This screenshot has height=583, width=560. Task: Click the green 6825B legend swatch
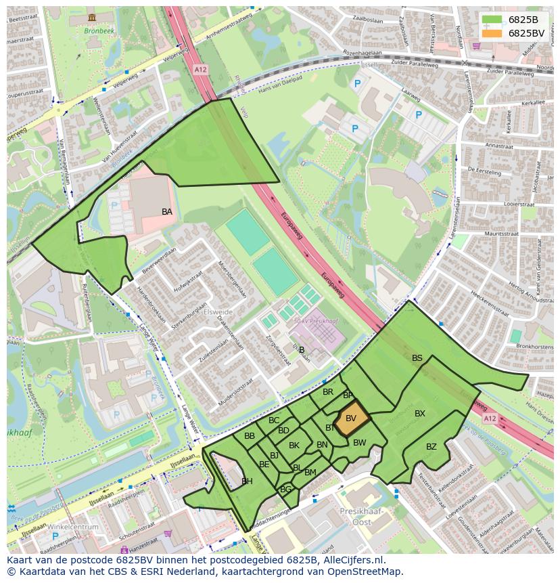pyautogui.click(x=492, y=20)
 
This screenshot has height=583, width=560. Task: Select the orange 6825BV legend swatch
pyautogui.click(x=492, y=33)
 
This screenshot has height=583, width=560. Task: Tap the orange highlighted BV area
pyautogui.click(x=352, y=418)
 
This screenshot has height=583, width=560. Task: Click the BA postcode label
pyautogui.click(x=167, y=212)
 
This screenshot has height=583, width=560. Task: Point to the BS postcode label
pyautogui.click(x=417, y=358)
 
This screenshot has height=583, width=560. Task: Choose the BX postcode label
pyautogui.click(x=420, y=414)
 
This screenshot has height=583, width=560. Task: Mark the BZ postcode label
pyautogui.click(x=431, y=447)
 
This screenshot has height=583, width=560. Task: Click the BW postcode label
pyautogui.click(x=360, y=443)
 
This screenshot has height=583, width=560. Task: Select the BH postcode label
pyautogui.click(x=247, y=481)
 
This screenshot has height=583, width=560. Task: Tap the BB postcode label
pyautogui.click(x=250, y=436)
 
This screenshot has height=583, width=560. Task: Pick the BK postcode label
pyautogui.click(x=294, y=446)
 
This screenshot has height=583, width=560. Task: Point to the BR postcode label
pyautogui.click(x=328, y=392)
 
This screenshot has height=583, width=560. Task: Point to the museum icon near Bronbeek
pyautogui.click(x=92, y=17)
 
